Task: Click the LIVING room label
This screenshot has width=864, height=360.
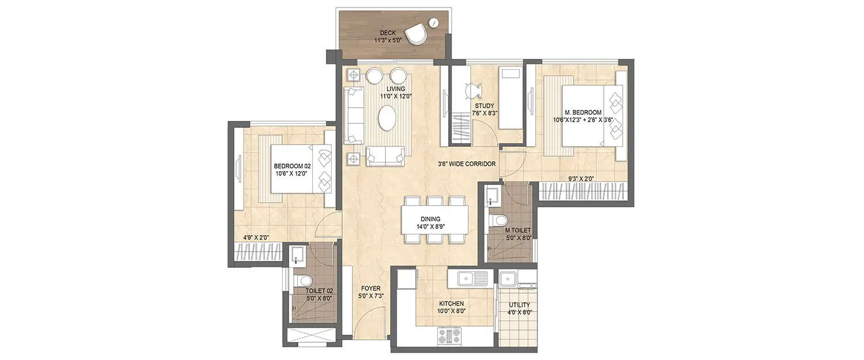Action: click(x=396, y=89)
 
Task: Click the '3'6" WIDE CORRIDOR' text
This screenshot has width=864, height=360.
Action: click(x=467, y=164)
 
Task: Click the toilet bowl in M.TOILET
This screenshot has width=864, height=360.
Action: click(x=499, y=220)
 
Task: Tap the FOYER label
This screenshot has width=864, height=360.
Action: click(x=370, y=288)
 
